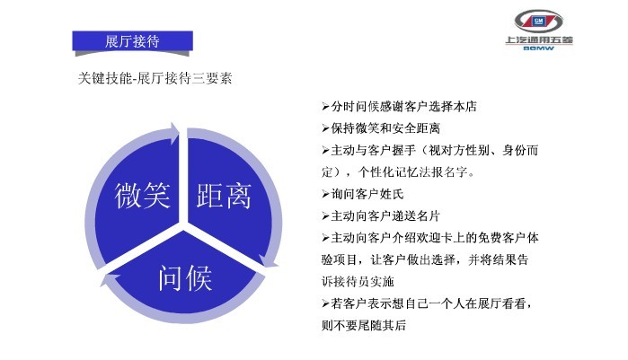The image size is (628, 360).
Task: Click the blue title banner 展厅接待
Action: [x=133, y=40]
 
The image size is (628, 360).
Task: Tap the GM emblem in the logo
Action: [x=539, y=21]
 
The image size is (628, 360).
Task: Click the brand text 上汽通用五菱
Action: [x=539, y=40]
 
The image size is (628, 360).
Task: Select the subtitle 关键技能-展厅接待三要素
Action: [x=155, y=78]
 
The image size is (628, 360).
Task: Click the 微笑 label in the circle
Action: [x=143, y=195]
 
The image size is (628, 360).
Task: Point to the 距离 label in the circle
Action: [x=224, y=196]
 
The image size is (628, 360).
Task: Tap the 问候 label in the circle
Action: [x=185, y=277]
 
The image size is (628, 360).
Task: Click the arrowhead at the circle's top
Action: [x=174, y=132]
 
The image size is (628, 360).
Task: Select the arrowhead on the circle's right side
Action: [x=269, y=261]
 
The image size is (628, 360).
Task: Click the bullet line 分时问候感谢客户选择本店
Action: [x=399, y=107]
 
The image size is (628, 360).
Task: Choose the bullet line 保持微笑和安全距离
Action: [x=381, y=128]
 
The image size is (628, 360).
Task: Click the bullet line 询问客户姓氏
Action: [x=362, y=194]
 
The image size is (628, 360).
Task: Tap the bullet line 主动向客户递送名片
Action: [x=381, y=216]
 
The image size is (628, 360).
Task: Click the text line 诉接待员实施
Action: [x=358, y=282]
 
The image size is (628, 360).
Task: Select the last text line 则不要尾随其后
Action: [x=364, y=325]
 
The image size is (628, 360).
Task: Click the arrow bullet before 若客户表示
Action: [x=325, y=304]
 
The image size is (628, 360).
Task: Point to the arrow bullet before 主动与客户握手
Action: [x=325, y=151]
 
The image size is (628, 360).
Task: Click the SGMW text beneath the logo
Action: [x=539, y=48]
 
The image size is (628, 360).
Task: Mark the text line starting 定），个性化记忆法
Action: [x=398, y=172]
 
